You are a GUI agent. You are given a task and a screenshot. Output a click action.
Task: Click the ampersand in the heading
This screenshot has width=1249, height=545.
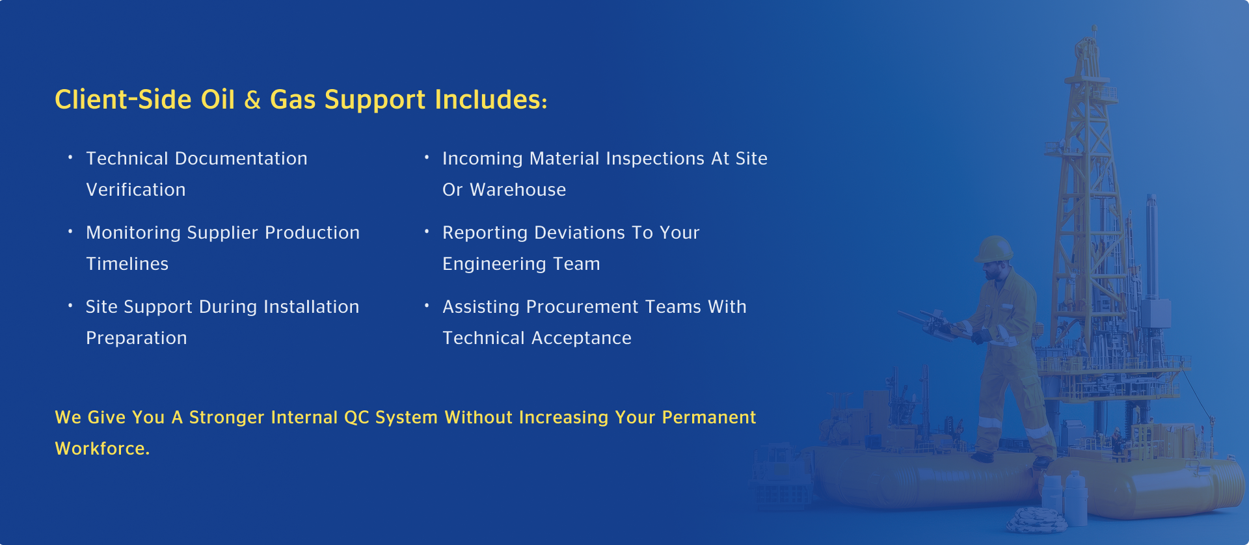point(252,100)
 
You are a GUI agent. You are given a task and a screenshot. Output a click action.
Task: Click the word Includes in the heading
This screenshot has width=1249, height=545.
point(490,100)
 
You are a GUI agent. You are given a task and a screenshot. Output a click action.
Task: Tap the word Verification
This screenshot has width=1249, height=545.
point(136,190)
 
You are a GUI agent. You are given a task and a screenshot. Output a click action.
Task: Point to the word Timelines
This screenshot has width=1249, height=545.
point(128,264)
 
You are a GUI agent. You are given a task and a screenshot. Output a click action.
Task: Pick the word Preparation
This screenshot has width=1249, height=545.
point(137,339)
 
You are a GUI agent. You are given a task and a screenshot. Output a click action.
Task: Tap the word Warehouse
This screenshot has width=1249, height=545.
point(518,190)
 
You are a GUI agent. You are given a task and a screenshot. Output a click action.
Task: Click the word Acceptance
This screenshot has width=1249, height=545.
point(582,339)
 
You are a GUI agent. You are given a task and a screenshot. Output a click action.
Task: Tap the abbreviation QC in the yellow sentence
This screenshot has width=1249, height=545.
point(356,418)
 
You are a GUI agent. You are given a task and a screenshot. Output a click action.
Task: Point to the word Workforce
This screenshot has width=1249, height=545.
point(102,449)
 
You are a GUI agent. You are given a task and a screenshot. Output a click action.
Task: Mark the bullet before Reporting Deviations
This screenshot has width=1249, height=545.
point(427,231)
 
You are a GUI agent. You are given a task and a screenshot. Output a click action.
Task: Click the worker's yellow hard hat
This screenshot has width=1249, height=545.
point(994,249)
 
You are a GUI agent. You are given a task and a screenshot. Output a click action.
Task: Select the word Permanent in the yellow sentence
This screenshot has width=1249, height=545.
point(709,418)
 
